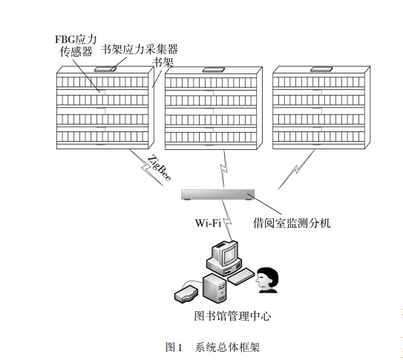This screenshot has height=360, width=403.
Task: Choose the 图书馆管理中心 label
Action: point(232,315)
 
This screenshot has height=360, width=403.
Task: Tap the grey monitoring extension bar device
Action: point(218,194)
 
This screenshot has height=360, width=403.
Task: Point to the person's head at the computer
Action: point(268,277)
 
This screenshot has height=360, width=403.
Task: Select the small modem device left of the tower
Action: point(184,294)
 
